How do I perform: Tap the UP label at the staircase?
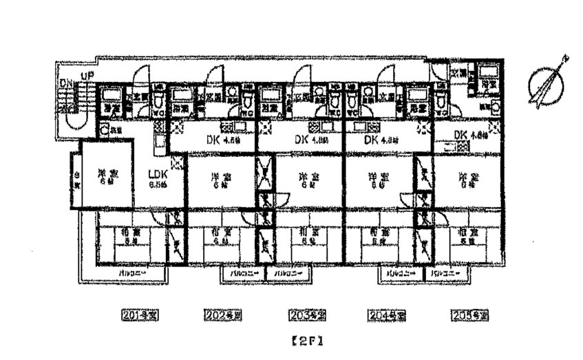click(87, 76)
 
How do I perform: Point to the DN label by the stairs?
click(66, 83)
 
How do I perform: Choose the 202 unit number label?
click(223, 315)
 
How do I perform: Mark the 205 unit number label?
click(469, 315)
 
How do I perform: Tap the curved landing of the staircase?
click(72, 125)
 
